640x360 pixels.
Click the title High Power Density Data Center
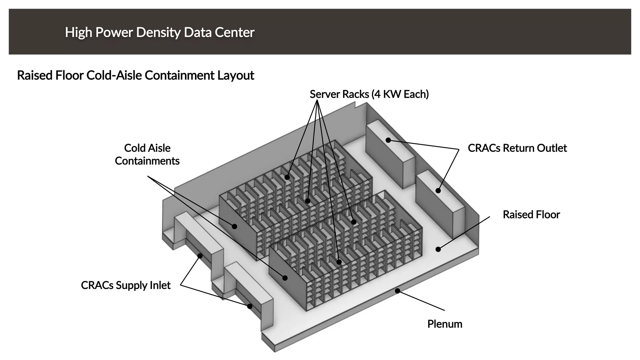point(160,32)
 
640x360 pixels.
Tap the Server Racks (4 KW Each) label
point(369,94)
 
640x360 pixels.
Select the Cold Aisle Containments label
point(147,154)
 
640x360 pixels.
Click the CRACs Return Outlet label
point(517,148)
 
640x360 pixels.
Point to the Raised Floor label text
point(531,214)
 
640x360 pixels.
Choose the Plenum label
point(445,324)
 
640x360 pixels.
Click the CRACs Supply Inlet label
point(126,285)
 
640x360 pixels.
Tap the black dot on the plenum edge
point(397,291)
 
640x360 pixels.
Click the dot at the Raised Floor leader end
point(438,249)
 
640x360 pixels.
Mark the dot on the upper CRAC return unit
point(388,140)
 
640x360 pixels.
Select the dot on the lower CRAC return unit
point(438,190)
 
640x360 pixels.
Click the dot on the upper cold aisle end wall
point(234,226)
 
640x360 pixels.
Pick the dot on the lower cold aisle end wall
point(285,278)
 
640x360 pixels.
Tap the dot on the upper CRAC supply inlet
point(200,256)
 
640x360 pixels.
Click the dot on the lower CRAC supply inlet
point(250,306)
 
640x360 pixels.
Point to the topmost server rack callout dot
point(287,177)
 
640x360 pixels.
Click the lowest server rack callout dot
point(339,262)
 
